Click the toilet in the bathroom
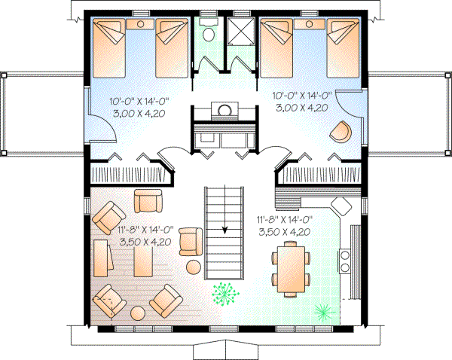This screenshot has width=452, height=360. point(209,32)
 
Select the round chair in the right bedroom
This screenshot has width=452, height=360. point(340,133)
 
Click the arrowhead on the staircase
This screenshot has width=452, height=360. point(224,231)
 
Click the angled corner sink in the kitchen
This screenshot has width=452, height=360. point(344,206)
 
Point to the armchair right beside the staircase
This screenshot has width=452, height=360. point(191,241)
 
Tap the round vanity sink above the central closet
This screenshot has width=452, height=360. point(224,111)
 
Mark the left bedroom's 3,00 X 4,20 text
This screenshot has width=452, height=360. point(139,113)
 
